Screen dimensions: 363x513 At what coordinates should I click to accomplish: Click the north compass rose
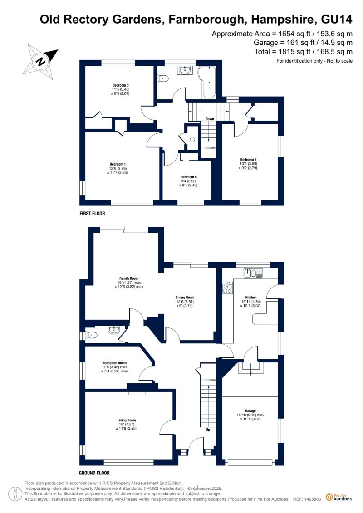pyautogui.click(x=40, y=62)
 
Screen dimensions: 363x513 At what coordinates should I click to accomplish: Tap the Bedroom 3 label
pyautogui.click(x=120, y=85)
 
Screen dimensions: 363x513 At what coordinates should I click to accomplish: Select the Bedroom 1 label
pyautogui.click(x=118, y=164)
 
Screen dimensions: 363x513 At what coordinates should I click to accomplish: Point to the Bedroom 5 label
pyautogui.click(x=189, y=177)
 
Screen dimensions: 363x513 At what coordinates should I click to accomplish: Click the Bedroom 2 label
pyautogui.click(x=248, y=160)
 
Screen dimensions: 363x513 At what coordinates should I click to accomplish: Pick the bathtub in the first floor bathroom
pyautogui.click(x=208, y=82)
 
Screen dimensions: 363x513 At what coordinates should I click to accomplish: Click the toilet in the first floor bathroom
pyautogui.click(x=163, y=78)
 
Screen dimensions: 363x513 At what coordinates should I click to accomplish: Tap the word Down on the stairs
pyautogui.click(x=210, y=119)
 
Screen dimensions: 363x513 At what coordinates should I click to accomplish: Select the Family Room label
pyautogui.click(x=129, y=279)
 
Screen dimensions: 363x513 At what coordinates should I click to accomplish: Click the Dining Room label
pyautogui.click(x=185, y=298)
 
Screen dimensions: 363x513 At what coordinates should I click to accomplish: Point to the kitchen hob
pyautogui.click(x=227, y=288)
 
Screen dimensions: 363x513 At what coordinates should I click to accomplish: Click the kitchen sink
pyautogui.click(x=253, y=273)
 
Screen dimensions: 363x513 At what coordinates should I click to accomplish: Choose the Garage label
pyautogui.click(x=250, y=411)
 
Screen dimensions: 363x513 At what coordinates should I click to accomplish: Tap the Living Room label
pyautogui.click(x=127, y=420)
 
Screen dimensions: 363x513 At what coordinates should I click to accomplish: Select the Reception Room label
pyautogui.click(x=114, y=363)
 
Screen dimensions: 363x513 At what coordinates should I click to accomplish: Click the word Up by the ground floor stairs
pyautogui.click(x=208, y=430)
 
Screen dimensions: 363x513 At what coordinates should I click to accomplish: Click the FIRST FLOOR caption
pyautogui.click(x=92, y=213)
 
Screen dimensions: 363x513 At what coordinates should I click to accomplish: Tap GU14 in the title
pyautogui.click(x=337, y=20)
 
